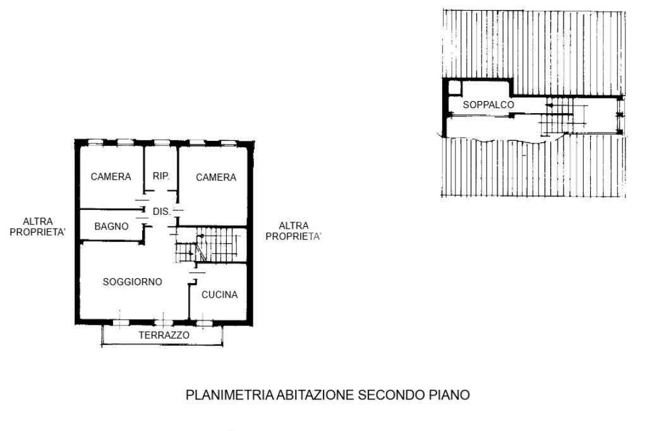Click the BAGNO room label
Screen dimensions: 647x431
coord(111,226)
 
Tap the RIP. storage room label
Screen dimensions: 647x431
coord(161,176)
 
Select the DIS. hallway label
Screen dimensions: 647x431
coord(162,211)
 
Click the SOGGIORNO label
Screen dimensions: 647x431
coord(133,282)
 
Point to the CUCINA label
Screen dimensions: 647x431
coord(219,294)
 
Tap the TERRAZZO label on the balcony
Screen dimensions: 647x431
coord(164,335)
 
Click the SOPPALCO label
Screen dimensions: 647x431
coord(488,105)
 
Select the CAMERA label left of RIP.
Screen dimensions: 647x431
coord(111,177)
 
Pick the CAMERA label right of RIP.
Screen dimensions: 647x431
coord(216,178)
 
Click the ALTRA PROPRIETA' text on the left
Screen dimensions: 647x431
coord(37,227)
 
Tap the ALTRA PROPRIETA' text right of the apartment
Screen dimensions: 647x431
coord(293,231)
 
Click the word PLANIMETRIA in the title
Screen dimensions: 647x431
coord(230,395)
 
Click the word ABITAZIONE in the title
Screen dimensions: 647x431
coord(315,395)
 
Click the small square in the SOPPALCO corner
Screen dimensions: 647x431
coord(454,87)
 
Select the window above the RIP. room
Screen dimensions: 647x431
coord(162,143)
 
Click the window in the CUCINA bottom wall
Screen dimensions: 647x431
coord(204,323)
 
